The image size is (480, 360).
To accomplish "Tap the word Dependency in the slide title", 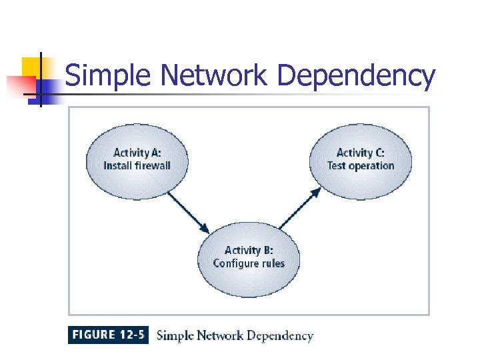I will pos(356,76).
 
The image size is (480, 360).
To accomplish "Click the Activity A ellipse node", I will pos(137,160).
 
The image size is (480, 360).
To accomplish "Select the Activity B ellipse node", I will pos(249,257).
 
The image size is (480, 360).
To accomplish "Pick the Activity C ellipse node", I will pos(360,160).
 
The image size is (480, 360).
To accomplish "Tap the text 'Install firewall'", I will pos(137,166).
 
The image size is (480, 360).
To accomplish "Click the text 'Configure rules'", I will pos(249,263).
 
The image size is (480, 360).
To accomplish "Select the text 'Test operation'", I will pos(361,166).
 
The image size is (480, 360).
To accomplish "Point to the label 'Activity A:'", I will pos(137,153).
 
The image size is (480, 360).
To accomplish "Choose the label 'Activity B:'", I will pos(249,250).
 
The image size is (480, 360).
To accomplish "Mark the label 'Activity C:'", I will pos(361,153).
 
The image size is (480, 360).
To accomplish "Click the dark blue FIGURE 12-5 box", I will pos(108,335).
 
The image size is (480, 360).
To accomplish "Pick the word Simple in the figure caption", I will pos(173,335).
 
